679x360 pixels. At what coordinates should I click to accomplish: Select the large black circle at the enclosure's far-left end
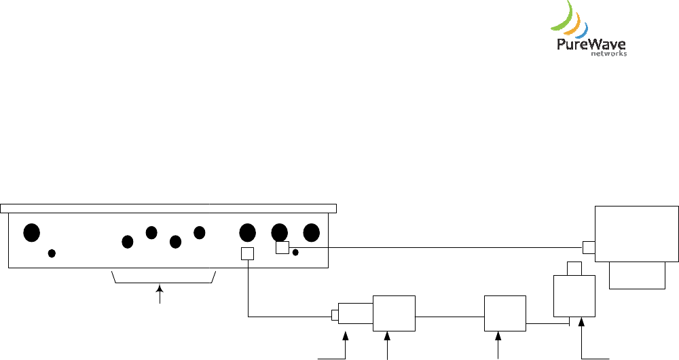(x=31, y=232)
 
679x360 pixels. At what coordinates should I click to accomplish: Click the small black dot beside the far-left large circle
(x=52, y=253)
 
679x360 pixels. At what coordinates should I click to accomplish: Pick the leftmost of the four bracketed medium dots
(x=127, y=241)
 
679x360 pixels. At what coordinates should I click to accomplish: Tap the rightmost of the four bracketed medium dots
(x=199, y=232)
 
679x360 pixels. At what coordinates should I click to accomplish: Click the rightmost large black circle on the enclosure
(x=311, y=232)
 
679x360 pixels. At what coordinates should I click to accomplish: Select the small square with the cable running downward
(x=248, y=253)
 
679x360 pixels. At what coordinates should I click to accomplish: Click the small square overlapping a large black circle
(x=282, y=248)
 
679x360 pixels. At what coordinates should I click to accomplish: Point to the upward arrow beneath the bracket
(x=160, y=295)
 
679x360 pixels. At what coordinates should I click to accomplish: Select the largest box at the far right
(x=636, y=233)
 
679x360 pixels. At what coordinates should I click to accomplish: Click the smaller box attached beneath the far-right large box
(x=637, y=276)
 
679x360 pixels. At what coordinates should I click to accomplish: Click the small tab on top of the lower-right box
(x=574, y=268)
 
